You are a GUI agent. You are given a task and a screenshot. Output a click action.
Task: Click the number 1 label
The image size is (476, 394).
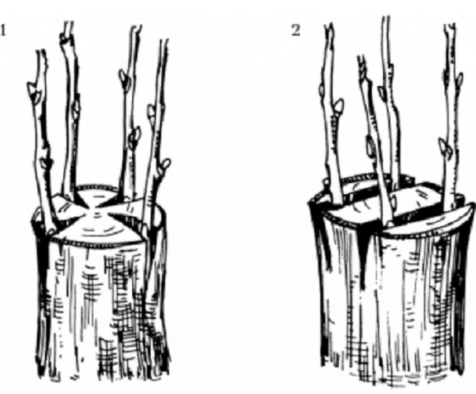[3, 31]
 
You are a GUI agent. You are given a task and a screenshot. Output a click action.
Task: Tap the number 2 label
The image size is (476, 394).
[296, 31]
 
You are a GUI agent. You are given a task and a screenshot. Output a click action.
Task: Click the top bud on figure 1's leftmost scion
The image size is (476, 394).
[33, 89]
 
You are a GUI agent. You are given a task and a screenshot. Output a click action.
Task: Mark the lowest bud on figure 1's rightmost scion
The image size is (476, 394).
[166, 165]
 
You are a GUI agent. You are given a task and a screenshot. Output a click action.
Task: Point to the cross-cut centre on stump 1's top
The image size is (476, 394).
[97, 210]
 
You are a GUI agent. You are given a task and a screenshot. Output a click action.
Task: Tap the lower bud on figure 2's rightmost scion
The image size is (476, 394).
[445, 147]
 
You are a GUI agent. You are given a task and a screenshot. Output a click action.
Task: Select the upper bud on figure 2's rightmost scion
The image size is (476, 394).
[459, 79]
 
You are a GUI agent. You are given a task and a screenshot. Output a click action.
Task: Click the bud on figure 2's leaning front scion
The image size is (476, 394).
[370, 145]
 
